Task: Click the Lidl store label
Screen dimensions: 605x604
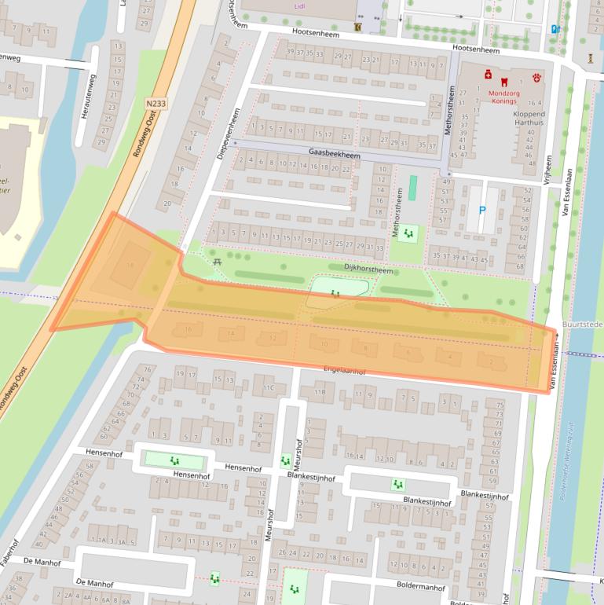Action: pyautogui.click(x=298, y=5)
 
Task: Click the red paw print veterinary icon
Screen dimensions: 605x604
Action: pyautogui.click(x=538, y=78)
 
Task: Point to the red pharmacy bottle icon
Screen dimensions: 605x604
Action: pyautogui.click(x=488, y=76)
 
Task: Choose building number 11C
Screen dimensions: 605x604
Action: pyautogui.click(x=269, y=387)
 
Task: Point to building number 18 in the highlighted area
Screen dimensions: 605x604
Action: pyautogui.click(x=130, y=266)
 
